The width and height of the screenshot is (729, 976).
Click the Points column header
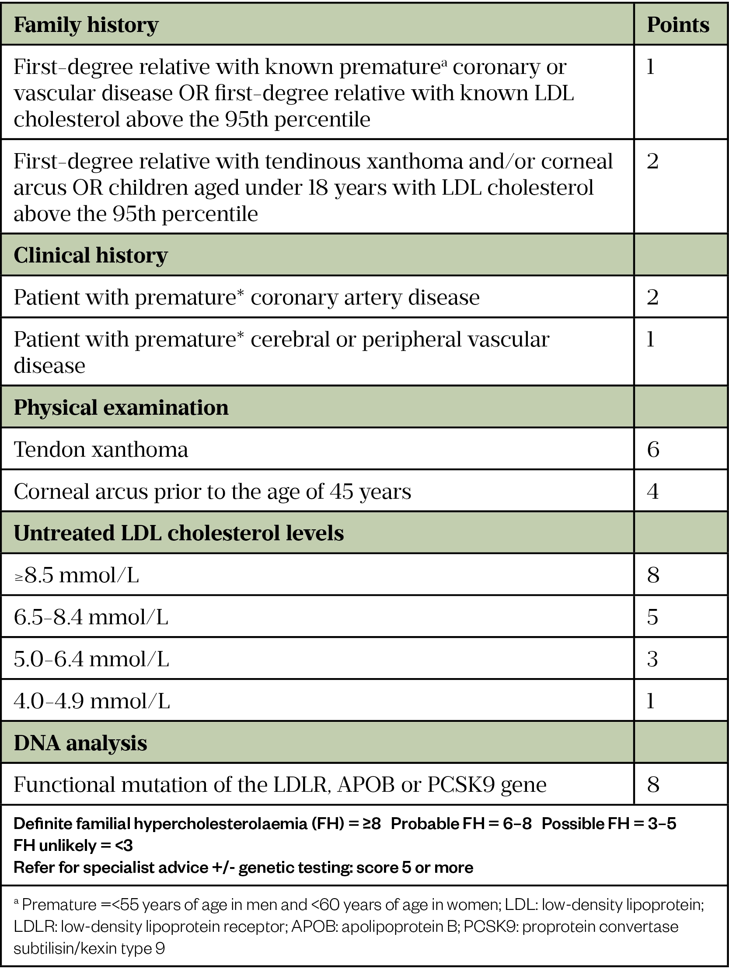click(x=677, y=25)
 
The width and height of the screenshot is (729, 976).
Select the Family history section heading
click(x=86, y=25)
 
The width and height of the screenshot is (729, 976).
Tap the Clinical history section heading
click(x=91, y=255)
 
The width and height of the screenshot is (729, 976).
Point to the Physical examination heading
click(x=121, y=407)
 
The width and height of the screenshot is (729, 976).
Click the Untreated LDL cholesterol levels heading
click(x=178, y=533)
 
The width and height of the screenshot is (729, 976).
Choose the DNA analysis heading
click(x=80, y=743)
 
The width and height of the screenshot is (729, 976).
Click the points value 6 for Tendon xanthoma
click(x=653, y=450)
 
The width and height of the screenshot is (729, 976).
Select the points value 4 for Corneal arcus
click(x=653, y=492)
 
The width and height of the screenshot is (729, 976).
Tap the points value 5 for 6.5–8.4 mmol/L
click(x=653, y=617)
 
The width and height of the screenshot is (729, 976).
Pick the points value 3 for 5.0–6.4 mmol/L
click(x=653, y=659)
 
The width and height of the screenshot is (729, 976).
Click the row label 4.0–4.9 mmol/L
click(x=92, y=701)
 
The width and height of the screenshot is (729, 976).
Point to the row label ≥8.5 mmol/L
click(x=77, y=575)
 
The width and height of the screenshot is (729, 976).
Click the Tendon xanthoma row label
click(x=101, y=450)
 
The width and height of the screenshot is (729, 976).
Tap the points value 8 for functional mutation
click(x=653, y=785)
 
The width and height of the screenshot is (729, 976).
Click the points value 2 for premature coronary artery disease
click(x=653, y=297)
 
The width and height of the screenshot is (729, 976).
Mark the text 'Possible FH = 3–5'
click(x=609, y=824)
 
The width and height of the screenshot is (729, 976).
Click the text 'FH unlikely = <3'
click(x=73, y=845)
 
